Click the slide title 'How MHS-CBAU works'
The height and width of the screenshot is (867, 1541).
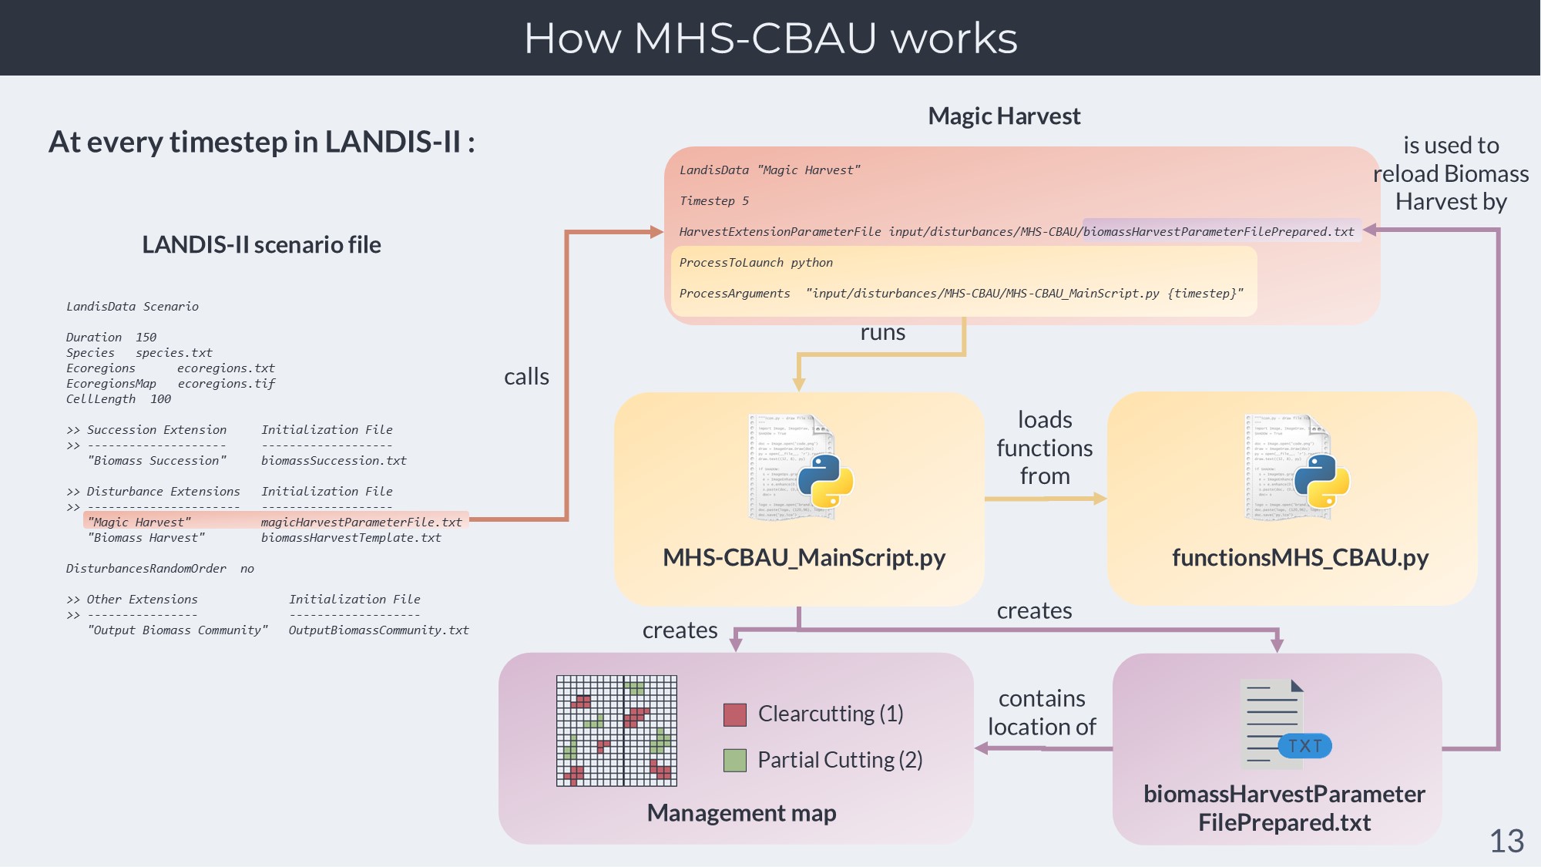[x=770, y=38]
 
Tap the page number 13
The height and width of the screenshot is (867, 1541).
[x=1506, y=841]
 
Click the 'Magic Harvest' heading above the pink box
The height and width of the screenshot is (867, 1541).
[x=1004, y=116]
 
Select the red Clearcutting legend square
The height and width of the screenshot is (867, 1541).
[x=735, y=714]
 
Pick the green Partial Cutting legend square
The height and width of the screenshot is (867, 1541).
[x=735, y=761]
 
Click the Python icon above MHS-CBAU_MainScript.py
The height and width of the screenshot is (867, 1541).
[x=824, y=481]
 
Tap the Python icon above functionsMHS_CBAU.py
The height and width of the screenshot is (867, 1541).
[x=1321, y=481]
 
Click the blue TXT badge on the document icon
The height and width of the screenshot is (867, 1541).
[x=1304, y=746]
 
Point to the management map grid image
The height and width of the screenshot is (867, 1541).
[x=616, y=731]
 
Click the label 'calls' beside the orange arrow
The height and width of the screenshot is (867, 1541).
[x=526, y=377]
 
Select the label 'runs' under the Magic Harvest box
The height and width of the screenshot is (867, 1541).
[x=883, y=333]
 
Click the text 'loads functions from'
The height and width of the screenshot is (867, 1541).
[x=1045, y=448]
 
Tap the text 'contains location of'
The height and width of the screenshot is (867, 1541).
[x=1042, y=713]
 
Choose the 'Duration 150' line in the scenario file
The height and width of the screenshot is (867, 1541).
[x=111, y=338]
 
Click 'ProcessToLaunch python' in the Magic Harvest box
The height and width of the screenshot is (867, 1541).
[x=756, y=263]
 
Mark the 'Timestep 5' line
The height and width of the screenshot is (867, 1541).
[x=713, y=201]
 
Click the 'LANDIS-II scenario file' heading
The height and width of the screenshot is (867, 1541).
[x=261, y=245]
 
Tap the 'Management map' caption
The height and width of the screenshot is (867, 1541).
[x=741, y=813]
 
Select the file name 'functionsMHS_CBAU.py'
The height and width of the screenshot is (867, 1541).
[x=1300, y=558]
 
